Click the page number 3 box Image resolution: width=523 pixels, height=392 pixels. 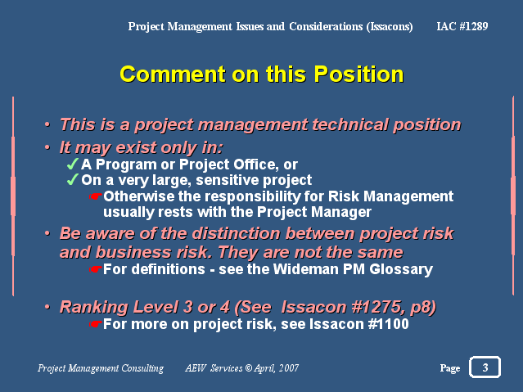[485, 367]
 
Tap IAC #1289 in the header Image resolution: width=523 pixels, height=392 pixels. [462, 26]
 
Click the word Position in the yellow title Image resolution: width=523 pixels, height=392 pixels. [358, 74]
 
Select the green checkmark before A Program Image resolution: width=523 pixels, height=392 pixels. [73, 164]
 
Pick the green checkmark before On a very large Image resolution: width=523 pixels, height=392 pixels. [73, 179]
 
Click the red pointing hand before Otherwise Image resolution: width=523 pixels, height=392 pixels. [96, 196]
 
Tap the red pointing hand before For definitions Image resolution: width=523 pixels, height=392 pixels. [96, 269]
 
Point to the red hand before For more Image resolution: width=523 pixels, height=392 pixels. [96, 323]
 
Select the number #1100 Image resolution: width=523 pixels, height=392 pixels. [389, 324]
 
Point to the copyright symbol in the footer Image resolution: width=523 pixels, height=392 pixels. [249, 367]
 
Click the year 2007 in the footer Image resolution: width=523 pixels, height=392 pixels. [289, 367]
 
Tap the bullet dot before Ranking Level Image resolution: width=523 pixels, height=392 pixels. [47, 307]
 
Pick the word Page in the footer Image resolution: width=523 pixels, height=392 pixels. [450, 368]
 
